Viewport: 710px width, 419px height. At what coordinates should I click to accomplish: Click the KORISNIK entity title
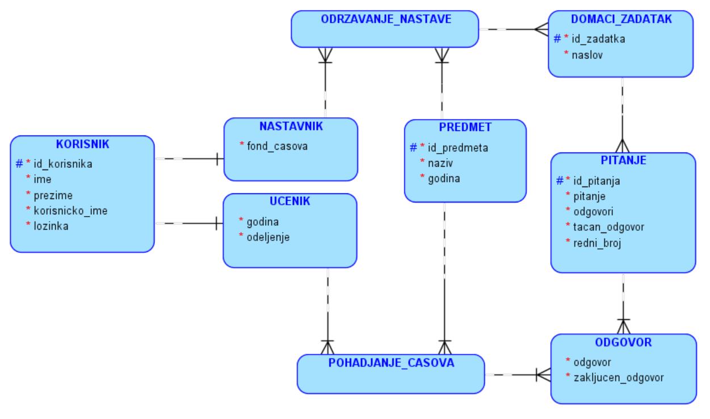82,144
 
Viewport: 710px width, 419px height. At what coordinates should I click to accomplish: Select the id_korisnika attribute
63,164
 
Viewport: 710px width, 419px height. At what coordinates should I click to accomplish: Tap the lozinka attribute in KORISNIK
50,226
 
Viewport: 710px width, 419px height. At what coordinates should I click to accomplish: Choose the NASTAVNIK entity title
291,126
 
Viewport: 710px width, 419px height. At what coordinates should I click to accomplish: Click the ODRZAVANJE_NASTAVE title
386,19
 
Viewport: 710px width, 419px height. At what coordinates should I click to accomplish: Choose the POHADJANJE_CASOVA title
392,363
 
